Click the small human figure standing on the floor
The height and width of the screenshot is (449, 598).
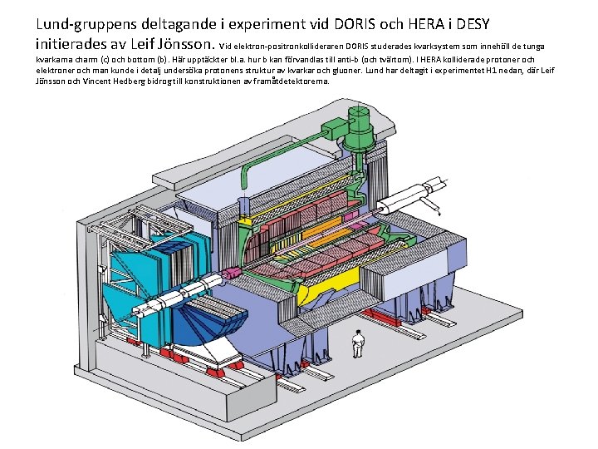click(x=357, y=343)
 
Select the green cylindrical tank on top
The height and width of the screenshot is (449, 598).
click(x=359, y=128)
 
